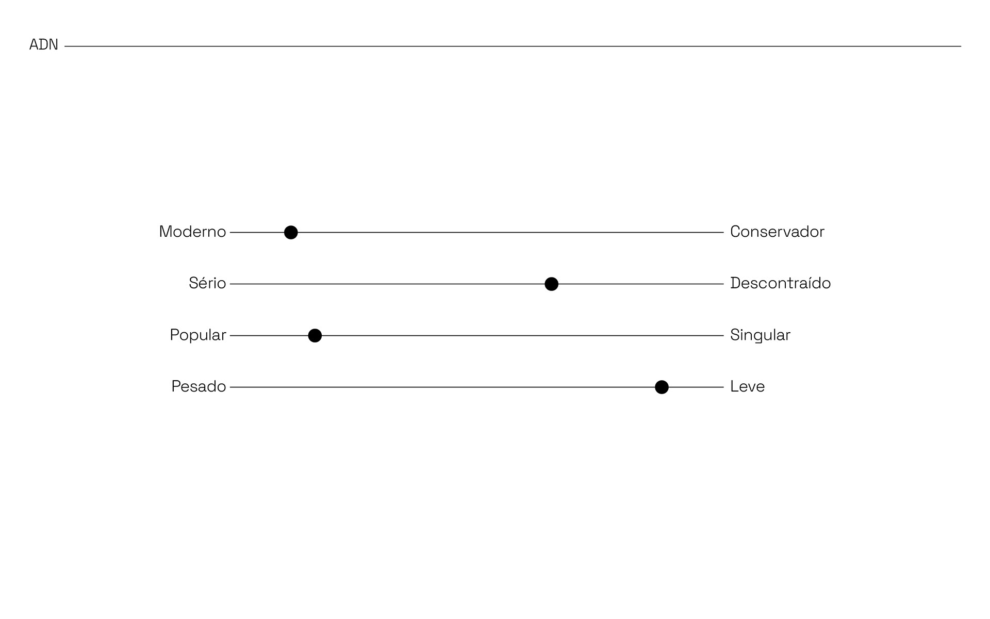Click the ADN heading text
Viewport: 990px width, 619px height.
click(x=44, y=45)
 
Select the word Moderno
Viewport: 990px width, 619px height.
click(x=192, y=232)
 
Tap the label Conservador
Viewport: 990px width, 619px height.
click(x=777, y=232)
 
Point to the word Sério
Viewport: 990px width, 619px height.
click(x=207, y=284)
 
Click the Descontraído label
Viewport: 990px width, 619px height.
click(x=780, y=284)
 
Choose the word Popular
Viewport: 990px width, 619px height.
click(x=198, y=335)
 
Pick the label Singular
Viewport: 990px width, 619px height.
click(x=760, y=335)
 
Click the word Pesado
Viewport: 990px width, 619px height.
click(x=199, y=387)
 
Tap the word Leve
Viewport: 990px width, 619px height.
click(x=747, y=387)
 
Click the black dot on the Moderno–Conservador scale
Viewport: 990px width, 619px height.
click(x=291, y=233)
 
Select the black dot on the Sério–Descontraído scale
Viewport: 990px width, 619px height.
click(x=551, y=284)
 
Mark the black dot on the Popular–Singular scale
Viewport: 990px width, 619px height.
click(x=315, y=336)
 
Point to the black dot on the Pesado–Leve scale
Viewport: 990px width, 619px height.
click(x=662, y=387)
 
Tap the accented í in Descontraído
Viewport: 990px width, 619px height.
click(x=810, y=284)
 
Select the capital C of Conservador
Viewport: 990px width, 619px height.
click(x=735, y=232)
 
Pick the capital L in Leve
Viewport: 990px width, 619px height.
click(x=734, y=387)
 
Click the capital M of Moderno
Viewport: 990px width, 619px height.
click(x=166, y=232)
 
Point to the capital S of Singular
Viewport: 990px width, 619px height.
click(x=735, y=335)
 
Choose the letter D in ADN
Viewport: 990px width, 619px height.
click(x=44, y=45)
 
